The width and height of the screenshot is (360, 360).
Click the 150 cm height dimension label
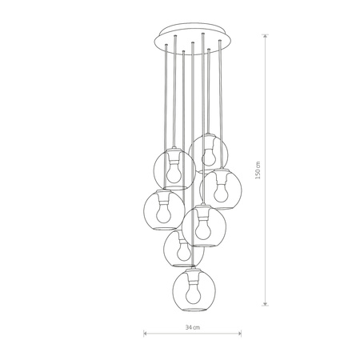click(x=257, y=171)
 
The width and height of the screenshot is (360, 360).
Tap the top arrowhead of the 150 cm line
click(x=266, y=34)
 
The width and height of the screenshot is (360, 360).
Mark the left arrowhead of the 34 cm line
click(x=145, y=335)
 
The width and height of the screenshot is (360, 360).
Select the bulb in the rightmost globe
click(x=220, y=189)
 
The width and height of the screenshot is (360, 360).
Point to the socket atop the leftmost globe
click(x=166, y=194)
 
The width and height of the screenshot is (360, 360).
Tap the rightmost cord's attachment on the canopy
click(x=217, y=46)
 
